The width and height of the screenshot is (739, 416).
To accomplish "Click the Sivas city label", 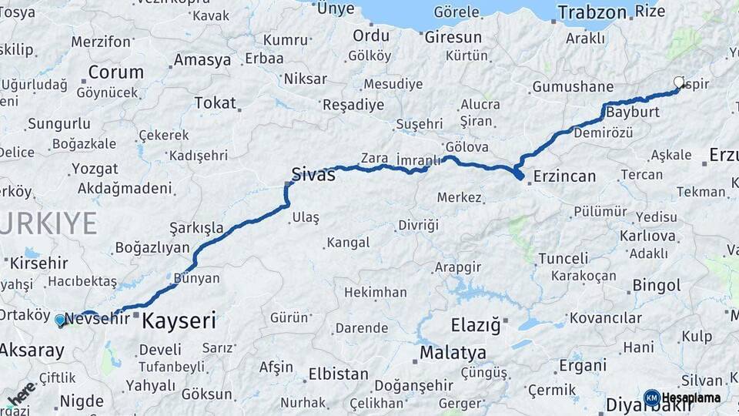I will tap(313, 174).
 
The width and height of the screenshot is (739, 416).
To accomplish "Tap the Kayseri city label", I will tap(178, 320).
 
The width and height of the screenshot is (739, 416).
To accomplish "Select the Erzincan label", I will tap(564, 176).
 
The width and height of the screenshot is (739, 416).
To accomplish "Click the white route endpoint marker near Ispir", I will tap(679, 82).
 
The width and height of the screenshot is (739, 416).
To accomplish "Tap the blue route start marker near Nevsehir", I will tap(60, 319).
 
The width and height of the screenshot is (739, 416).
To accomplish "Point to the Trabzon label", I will tap(592, 12).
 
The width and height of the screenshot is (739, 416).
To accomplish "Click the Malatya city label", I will tap(453, 353).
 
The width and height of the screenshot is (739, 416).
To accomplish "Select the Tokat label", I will tap(215, 102).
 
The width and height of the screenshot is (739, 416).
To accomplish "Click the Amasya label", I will tap(202, 59).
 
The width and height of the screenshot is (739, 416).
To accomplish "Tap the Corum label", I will tap(115, 72).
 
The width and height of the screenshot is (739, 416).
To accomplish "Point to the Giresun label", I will tap(453, 37).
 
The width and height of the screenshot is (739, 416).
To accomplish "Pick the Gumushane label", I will tap(573, 86).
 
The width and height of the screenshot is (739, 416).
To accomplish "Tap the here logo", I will tap(20, 393).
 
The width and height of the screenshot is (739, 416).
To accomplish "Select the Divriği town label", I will tap(418, 225).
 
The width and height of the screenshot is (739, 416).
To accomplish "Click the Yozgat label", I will tap(95, 169).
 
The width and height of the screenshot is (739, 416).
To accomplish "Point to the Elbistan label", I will tap(338, 374).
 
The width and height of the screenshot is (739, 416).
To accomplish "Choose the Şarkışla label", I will tap(196, 228).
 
